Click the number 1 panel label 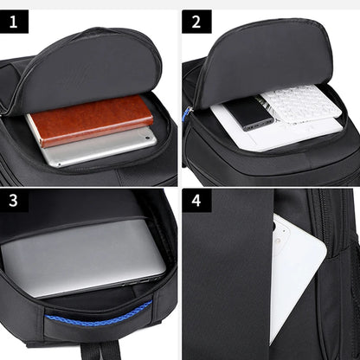tap(15, 22)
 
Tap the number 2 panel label tap(196, 22)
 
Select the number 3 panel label tap(15, 201)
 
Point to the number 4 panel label tap(196, 201)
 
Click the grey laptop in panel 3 tap(82, 257)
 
